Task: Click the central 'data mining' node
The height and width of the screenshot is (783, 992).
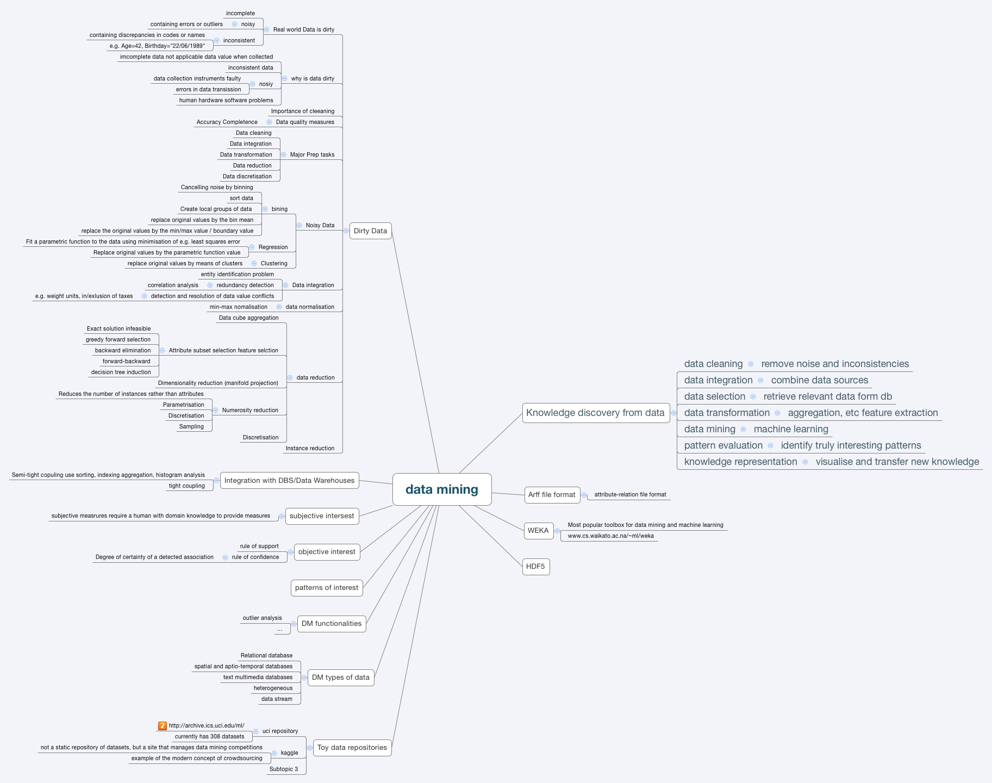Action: pyautogui.click(x=442, y=489)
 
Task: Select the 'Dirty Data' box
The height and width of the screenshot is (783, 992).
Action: pyautogui.click(x=370, y=231)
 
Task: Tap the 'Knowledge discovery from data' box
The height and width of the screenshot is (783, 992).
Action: pyautogui.click(x=595, y=413)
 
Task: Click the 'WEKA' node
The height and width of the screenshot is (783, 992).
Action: pyautogui.click(x=538, y=531)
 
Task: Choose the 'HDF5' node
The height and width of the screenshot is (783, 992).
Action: pyautogui.click(x=535, y=567)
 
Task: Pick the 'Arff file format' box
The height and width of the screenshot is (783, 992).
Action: pyautogui.click(x=551, y=495)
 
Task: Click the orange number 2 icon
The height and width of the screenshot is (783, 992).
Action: pyautogui.click(x=163, y=726)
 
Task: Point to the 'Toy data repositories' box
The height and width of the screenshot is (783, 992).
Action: pyautogui.click(x=352, y=748)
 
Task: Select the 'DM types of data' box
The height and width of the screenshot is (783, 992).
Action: pyautogui.click(x=340, y=678)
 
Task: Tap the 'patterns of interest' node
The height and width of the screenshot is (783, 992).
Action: pyautogui.click(x=326, y=588)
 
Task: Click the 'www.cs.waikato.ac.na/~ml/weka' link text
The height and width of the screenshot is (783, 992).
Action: pyautogui.click(x=610, y=536)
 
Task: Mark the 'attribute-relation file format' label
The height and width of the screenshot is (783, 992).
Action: pyautogui.click(x=630, y=495)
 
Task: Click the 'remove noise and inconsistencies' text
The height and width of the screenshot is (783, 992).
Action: pyautogui.click(x=835, y=364)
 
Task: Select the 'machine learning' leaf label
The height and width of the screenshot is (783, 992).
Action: pyautogui.click(x=791, y=430)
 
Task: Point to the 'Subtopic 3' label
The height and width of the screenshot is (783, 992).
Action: pyautogui.click(x=284, y=769)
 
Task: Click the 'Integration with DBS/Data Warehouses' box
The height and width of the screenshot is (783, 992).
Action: pyautogui.click(x=289, y=481)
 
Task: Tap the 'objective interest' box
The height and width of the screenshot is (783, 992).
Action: pyautogui.click(x=327, y=552)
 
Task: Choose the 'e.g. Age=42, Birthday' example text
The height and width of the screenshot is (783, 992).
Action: pyautogui.click(x=157, y=46)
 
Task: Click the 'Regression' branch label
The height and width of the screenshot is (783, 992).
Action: pyautogui.click(x=273, y=247)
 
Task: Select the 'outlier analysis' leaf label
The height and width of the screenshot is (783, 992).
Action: pyautogui.click(x=262, y=618)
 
